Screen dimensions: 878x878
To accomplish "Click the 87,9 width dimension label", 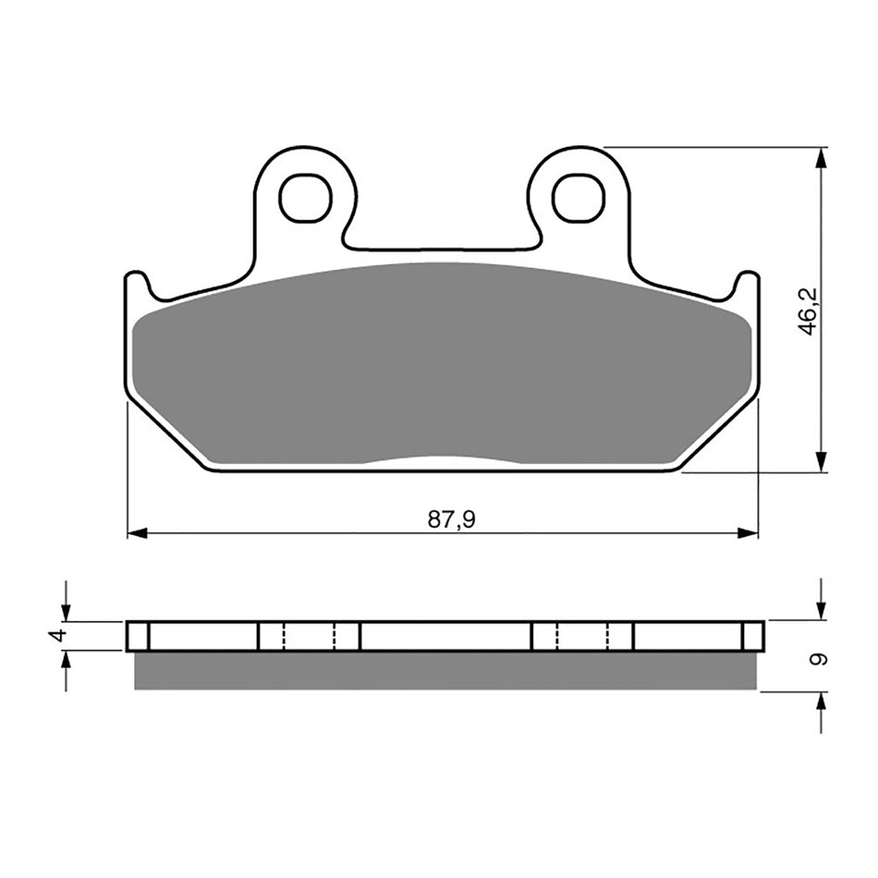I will point(451,519).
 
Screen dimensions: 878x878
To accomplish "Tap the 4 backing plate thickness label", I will point(57,636).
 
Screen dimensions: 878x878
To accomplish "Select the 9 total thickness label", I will point(816,659).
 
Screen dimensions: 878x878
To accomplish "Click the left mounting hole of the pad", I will point(305,198).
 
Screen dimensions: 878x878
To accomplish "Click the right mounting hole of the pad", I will point(579,198).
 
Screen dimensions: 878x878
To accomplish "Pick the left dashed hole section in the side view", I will point(309,636).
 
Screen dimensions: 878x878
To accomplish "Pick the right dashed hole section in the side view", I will point(582,636).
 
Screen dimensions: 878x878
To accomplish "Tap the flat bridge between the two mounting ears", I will point(442,248).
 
